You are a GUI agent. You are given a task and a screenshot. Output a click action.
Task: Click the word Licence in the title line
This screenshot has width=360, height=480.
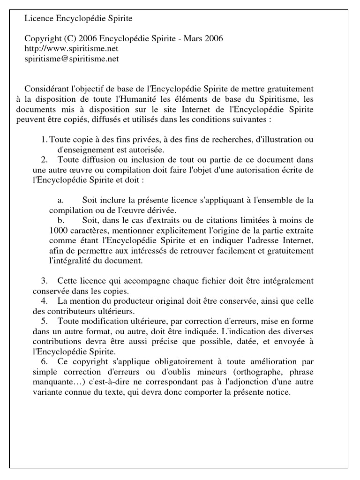pos(39,19)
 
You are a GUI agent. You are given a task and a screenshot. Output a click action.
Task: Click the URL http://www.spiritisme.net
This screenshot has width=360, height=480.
pos(71,48)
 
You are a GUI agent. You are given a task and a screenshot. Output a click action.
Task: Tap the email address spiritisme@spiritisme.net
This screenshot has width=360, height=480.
pos(71,59)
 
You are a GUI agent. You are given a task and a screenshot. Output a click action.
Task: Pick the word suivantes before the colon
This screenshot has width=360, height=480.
pos(250,119)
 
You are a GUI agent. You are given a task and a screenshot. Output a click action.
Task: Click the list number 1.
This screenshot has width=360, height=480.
pos(44,140)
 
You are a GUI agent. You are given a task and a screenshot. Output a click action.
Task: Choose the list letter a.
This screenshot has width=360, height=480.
pos(60,201)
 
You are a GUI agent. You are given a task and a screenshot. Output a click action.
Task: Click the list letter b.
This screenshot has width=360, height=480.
pos(60,220)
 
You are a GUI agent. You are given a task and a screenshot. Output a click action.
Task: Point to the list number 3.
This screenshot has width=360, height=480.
pos(44,281)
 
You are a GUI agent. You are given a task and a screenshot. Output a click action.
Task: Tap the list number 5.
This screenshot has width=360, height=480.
pos(44,321)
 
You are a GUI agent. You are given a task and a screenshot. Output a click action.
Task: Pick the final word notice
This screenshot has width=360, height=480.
pos(279,392)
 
